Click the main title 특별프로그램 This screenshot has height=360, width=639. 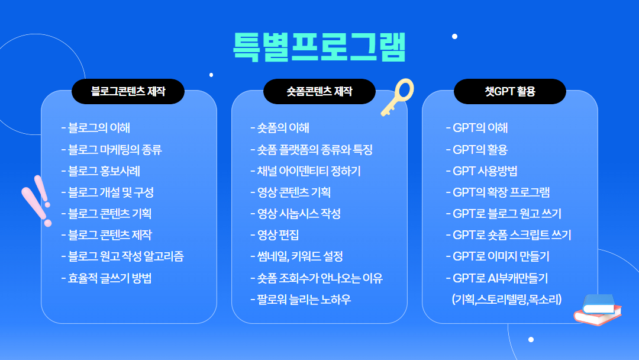click(x=319, y=46)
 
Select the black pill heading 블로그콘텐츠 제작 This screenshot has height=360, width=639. click(x=128, y=91)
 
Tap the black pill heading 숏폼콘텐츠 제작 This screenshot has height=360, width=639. click(x=319, y=91)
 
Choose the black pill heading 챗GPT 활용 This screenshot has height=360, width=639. click(x=510, y=91)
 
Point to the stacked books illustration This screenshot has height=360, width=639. click(x=598, y=310)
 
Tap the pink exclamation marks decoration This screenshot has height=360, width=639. click(x=37, y=201)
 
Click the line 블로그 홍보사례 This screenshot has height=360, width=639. click(x=101, y=171)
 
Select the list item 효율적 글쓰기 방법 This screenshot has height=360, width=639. click(x=106, y=278)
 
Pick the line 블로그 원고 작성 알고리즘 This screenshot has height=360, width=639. click(x=122, y=256)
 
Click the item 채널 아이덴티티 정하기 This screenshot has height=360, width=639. click(x=306, y=171)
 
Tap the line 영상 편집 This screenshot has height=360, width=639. click(x=275, y=235)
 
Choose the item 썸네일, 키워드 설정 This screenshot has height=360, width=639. click(x=296, y=256)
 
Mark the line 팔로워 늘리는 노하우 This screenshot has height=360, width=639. click(x=301, y=300)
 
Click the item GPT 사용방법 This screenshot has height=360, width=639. click(x=482, y=171)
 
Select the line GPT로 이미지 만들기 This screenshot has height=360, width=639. click(x=498, y=256)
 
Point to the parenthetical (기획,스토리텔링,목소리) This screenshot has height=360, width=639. click(x=507, y=300)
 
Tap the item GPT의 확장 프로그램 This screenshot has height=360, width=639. click(x=498, y=192)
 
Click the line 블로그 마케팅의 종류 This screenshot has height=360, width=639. click(x=112, y=150)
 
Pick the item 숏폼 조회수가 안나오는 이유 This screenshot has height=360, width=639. click(x=317, y=278)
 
